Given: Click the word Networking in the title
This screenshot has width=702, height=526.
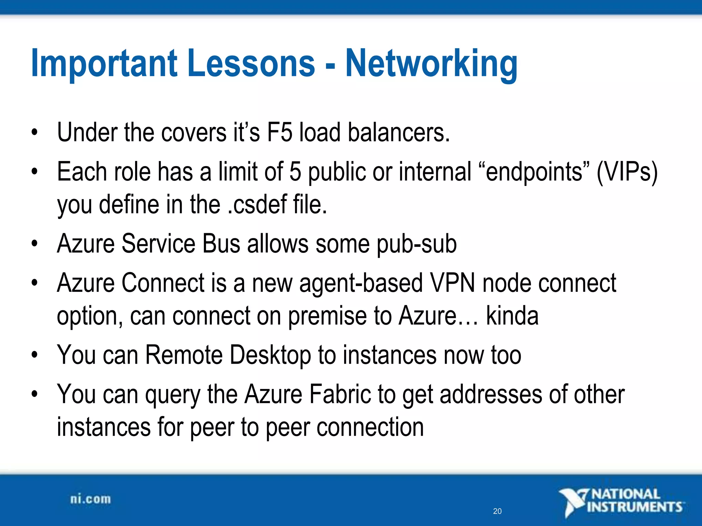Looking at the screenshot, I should pyautogui.click(x=431, y=64).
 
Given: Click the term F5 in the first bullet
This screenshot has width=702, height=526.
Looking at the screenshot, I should pyautogui.click(x=279, y=133).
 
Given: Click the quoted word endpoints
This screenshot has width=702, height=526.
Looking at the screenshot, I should pyautogui.click(x=534, y=172).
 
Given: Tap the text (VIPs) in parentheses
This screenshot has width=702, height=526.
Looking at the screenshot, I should pyautogui.click(x=627, y=172).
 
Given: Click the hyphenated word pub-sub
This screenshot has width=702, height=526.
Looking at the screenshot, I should pyautogui.click(x=416, y=245).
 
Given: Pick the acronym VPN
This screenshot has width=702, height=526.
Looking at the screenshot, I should pyautogui.click(x=452, y=283).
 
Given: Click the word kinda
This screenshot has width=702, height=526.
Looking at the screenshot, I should pyautogui.click(x=512, y=316).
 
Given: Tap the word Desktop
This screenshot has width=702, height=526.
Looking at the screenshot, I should pyautogui.click(x=270, y=355).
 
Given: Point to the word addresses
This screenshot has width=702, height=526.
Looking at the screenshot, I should pyautogui.click(x=491, y=394).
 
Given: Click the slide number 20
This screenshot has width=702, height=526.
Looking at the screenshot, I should pyautogui.click(x=497, y=511).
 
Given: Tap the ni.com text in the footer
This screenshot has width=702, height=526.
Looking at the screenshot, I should pyautogui.click(x=90, y=499).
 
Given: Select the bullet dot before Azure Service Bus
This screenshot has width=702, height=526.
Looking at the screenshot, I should pyautogui.click(x=34, y=244).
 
